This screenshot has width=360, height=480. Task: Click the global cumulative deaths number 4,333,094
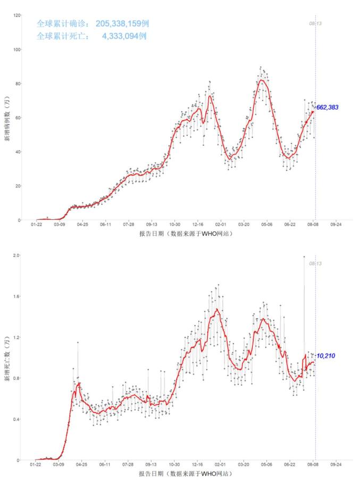124,36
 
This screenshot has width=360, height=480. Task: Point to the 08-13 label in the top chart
316,23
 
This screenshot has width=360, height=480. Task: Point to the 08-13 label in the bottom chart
316,263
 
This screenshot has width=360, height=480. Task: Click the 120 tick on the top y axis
17,15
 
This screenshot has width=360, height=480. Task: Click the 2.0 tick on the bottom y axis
17,255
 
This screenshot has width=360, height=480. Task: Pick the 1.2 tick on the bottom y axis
17,337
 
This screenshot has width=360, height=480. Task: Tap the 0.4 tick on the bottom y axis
17,419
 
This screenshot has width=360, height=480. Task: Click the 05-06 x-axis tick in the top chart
267,225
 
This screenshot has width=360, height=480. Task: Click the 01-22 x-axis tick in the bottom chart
36,465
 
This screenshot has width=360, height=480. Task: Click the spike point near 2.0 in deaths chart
304,257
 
